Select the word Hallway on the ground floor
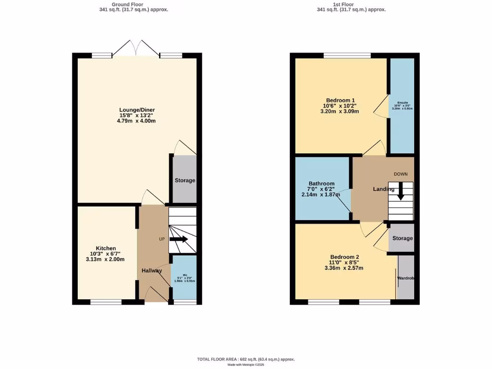click(x=151, y=271)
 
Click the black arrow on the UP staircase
click(x=179, y=239)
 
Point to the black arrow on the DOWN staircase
click(x=400, y=193)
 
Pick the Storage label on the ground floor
click(x=184, y=181)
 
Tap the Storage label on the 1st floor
click(x=402, y=238)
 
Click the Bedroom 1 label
click(x=340, y=100)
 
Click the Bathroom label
click(x=321, y=184)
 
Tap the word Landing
click(x=384, y=189)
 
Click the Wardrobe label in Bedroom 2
click(x=406, y=279)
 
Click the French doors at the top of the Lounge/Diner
click(x=136, y=49)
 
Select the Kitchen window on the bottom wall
click(x=106, y=302)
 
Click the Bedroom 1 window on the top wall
click(x=347, y=56)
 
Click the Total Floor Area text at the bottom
click(x=246, y=359)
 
